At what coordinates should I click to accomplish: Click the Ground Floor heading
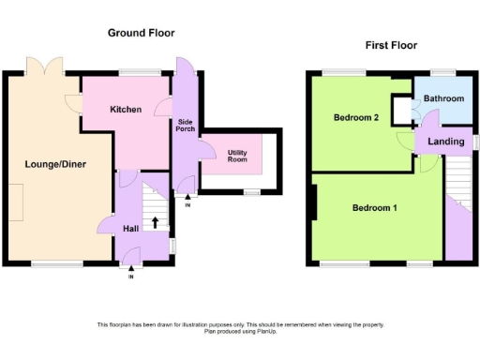[x=141, y=33]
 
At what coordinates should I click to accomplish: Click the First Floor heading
[x=391, y=45]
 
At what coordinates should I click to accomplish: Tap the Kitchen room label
[x=126, y=110]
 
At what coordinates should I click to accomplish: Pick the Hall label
[x=130, y=227]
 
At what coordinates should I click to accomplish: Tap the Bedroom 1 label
[x=374, y=207]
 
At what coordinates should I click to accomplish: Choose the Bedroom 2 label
[x=355, y=118]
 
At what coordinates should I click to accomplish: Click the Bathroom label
[x=442, y=98]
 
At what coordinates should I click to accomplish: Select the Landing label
[x=446, y=142]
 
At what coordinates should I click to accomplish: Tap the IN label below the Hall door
[x=131, y=277]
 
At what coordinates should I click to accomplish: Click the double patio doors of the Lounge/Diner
[x=45, y=66]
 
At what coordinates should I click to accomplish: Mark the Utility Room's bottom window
[x=250, y=192]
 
